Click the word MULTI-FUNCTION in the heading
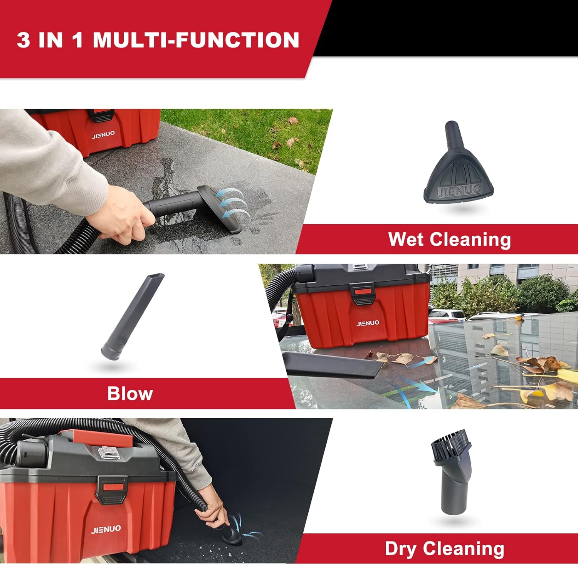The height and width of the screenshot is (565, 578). pyautogui.click(x=196, y=40)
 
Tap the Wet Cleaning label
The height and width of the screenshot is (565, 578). pyautogui.click(x=449, y=239)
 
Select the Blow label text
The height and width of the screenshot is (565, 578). pyautogui.click(x=130, y=394)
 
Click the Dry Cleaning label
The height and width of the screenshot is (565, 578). pyautogui.click(x=444, y=549)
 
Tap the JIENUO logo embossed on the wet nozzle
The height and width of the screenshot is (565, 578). pyautogui.click(x=459, y=190)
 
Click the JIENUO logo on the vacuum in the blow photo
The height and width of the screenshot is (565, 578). pyautogui.click(x=368, y=323)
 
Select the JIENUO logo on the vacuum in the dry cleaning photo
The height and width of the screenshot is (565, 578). pyautogui.click(x=106, y=529)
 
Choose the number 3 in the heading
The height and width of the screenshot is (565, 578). pyautogui.click(x=24, y=40)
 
